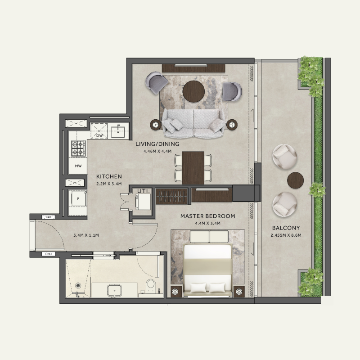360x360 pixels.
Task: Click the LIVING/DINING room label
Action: tap(157, 144)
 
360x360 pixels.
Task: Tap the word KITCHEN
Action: tap(109, 177)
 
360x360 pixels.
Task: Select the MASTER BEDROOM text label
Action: tap(207, 216)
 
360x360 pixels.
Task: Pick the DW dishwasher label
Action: tap(100, 135)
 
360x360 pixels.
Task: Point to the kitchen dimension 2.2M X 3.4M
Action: tap(109, 184)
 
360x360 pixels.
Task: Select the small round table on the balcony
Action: tap(296, 179)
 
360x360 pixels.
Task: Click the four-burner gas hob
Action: tap(79, 148)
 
